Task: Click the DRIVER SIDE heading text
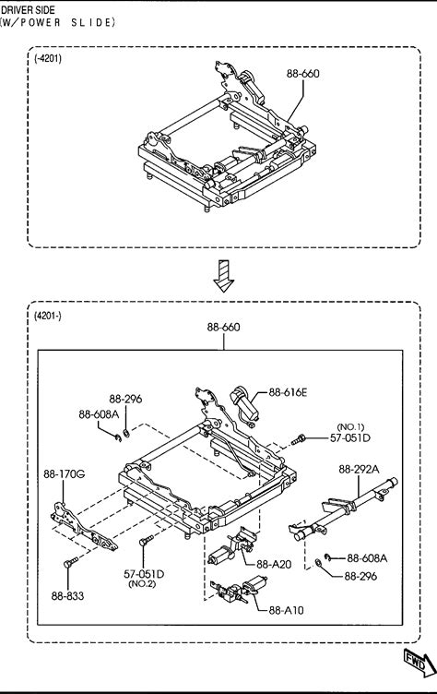tap(28, 10)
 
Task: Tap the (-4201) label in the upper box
tap(48, 58)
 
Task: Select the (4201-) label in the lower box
tap(48, 316)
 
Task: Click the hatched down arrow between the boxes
tap(223, 276)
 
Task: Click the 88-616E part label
tap(288, 392)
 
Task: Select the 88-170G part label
tap(65, 474)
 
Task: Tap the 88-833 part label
tap(67, 596)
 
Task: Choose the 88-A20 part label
tap(274, 564)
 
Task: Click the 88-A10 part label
tap(286, 610)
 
